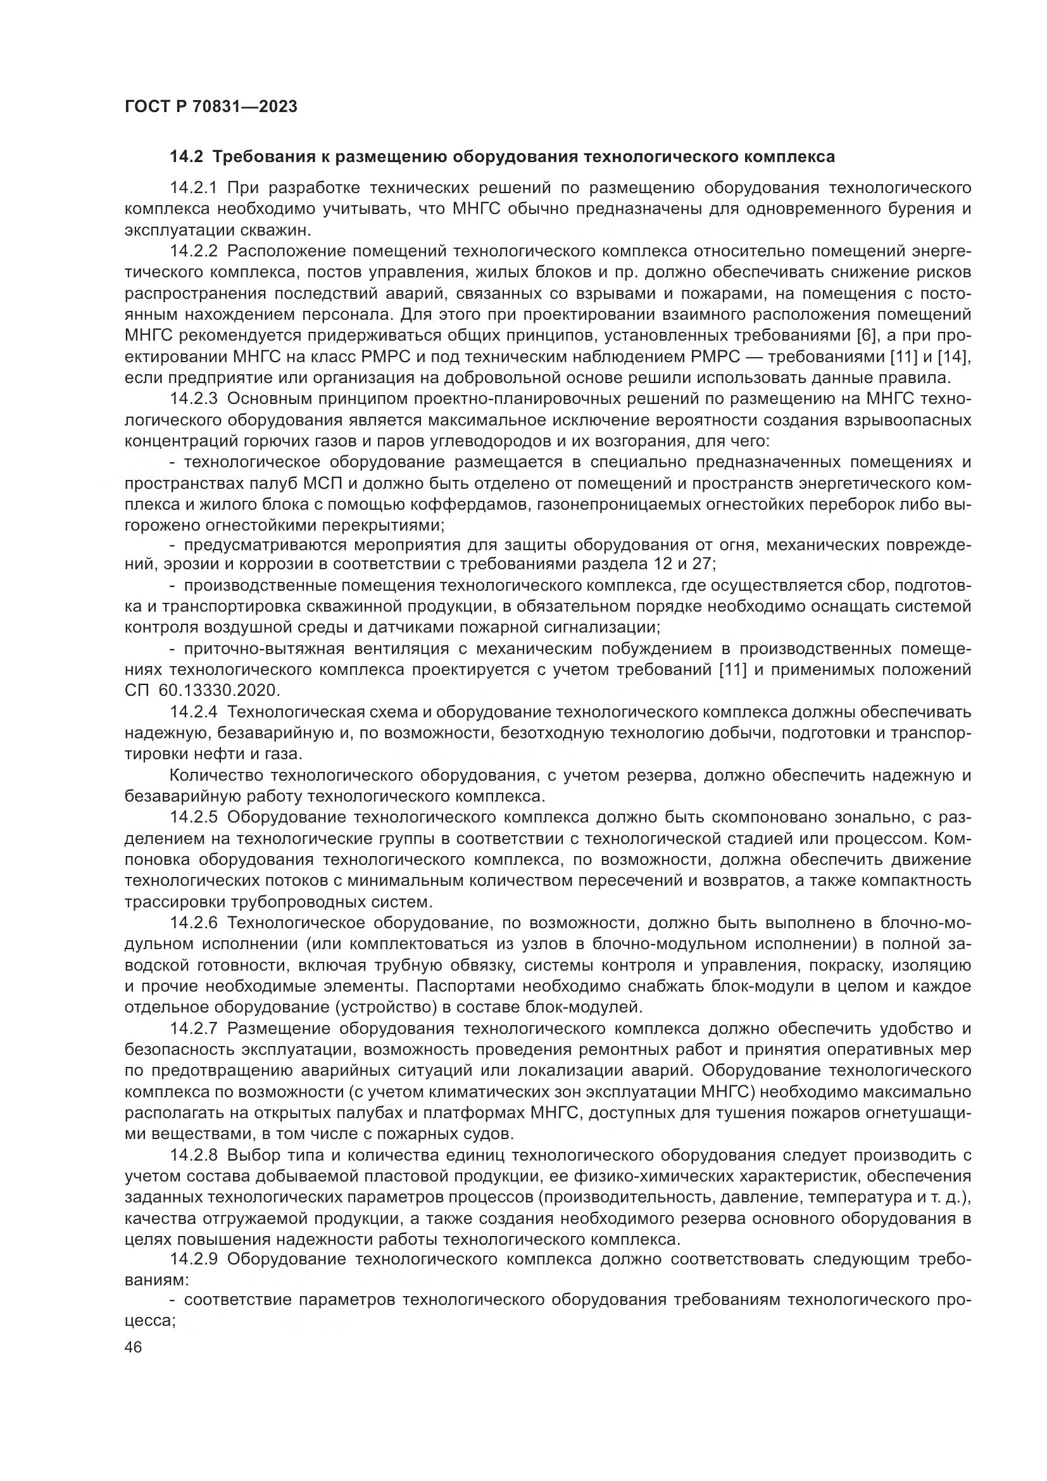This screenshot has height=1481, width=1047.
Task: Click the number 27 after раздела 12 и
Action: [703, 564]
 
